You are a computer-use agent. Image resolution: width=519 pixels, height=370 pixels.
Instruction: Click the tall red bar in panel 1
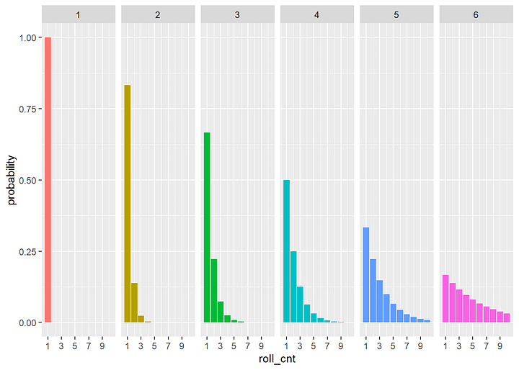tap(48, 180)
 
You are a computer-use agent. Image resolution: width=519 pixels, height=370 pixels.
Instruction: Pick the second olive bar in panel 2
tap(134, 302)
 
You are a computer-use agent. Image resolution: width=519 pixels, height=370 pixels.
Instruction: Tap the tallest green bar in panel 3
tap(207, 227)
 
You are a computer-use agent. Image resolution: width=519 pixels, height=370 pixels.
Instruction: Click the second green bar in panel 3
tap(213, 291)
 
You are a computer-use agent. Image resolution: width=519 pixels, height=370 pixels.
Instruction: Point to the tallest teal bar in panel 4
tap(286, 251)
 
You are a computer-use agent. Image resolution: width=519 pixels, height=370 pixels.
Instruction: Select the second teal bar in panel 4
tap(293, 286)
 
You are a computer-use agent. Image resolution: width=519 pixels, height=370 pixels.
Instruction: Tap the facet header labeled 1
tap(78, 15)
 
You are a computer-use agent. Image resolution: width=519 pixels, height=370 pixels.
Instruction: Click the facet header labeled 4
tap(316, 15)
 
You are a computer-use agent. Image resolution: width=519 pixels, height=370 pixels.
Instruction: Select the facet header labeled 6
tap(476, 15)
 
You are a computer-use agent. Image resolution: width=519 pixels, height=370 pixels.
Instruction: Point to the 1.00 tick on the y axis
tap(23, 37)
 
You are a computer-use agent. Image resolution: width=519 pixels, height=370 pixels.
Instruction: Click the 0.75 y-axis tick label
tap(23, 109)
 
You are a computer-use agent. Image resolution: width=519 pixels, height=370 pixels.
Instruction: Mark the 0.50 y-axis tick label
tap(23, 180)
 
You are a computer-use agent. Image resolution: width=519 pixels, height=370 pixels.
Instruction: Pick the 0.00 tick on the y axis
tap(23, 322)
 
